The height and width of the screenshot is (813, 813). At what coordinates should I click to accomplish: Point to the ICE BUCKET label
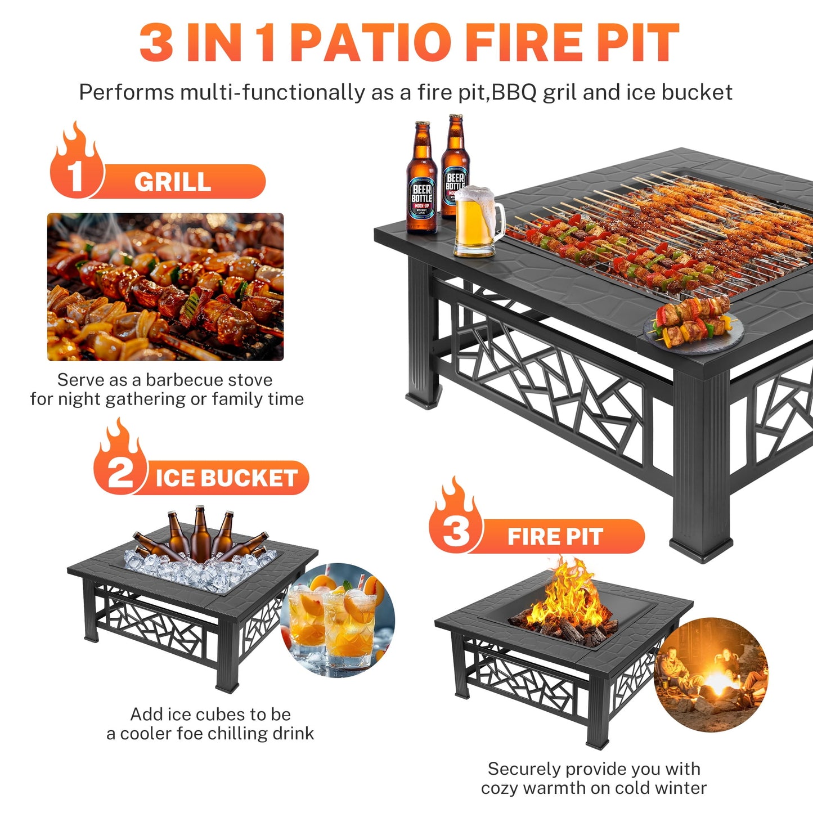pyautogui.click(x=226, y=478)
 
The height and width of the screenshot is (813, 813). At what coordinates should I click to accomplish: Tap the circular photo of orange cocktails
pyautogui.click(x=338, y=619)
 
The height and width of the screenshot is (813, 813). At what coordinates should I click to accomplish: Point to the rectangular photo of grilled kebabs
pyautogui.click(x=165, y=286)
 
